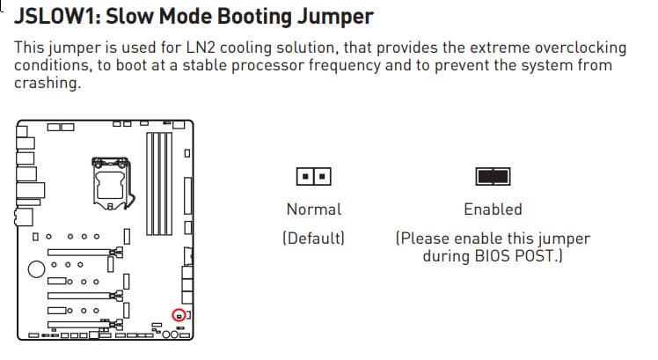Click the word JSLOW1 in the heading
55,18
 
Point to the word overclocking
581,48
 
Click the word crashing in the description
48,83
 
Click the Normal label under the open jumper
314,209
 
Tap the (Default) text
313,239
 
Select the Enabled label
493,209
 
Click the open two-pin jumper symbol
313,176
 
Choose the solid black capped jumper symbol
493,176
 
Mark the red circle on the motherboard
179,309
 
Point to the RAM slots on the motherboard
159,184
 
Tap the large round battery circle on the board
37,268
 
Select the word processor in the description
268,66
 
